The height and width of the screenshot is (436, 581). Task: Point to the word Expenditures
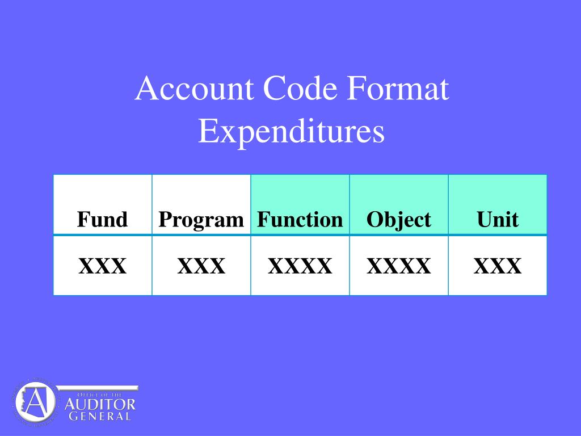(291, 131)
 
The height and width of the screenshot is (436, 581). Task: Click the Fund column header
(102, 219)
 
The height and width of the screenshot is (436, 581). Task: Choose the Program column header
(201, 220)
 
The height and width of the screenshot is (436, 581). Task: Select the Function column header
(300, 219)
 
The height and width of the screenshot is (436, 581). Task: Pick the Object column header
(399, 220)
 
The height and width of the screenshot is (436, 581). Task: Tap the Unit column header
(498, 219)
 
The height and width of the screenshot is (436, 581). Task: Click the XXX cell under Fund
(102, 266)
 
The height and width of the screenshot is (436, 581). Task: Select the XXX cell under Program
(201, 266)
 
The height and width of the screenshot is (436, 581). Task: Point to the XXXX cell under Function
(300, 266)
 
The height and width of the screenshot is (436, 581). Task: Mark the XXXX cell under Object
(399, 266)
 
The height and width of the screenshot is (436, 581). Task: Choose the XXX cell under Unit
(498, 266)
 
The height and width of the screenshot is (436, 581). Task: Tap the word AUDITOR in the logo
(100, 404)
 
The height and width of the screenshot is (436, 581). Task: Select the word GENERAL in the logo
(100, 416)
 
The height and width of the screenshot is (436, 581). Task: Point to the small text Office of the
(99, 395)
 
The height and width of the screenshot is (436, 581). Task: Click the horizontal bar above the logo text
(98, 388)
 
